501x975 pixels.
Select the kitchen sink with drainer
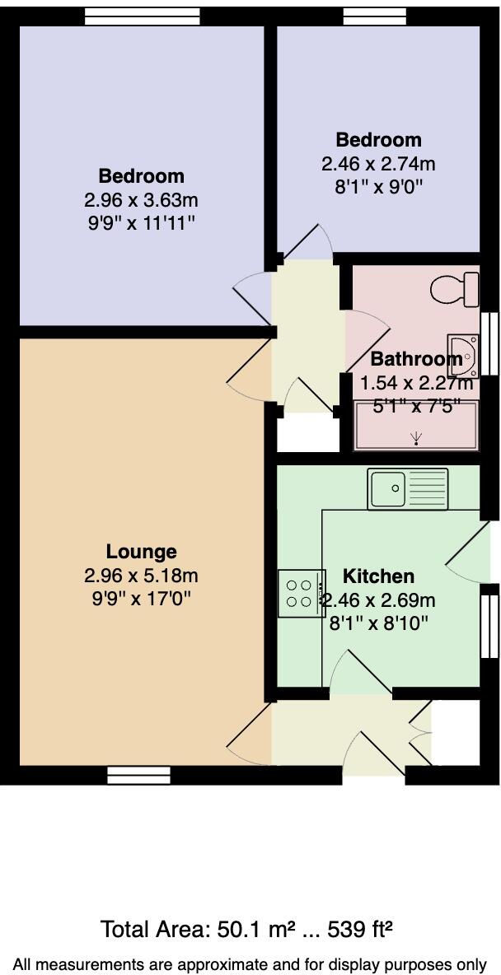click(408, 488)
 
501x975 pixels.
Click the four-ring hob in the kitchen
click(298, 593)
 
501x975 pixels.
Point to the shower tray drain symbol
click(417, 436)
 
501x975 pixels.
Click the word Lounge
click(141, 552)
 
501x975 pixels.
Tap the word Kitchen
click(378, 576)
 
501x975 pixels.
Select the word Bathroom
click(416, 359)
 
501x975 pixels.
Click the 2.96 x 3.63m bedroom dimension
click(141, 200)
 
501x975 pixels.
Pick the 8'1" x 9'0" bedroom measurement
click(378, 186)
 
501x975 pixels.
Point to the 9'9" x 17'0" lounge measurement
click(141, 599)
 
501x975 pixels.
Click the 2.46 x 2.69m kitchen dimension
click(379, 599)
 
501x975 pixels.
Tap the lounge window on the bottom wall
click(138, 775)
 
